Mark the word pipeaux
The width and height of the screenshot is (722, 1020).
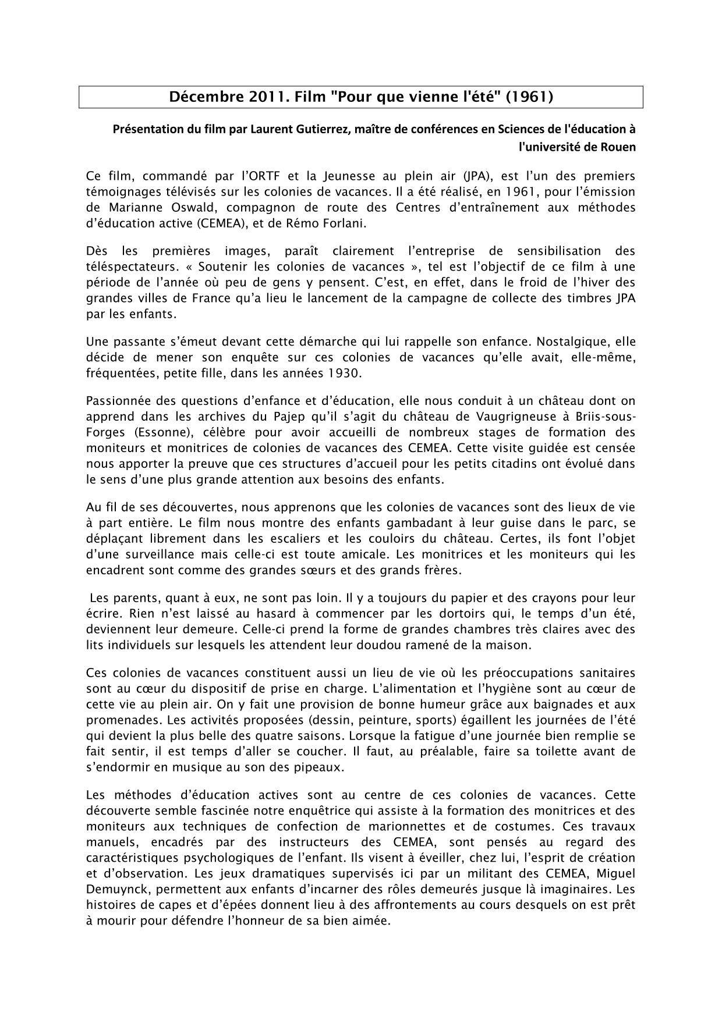320,767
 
